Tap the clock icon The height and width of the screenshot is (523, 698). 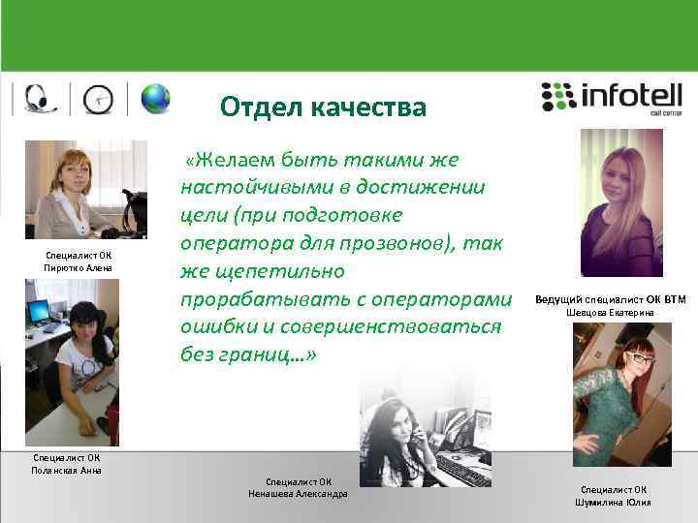[x=98, y=99]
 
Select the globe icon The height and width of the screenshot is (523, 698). [x=155, y=98]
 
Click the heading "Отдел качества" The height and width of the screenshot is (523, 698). [x=322, y=107]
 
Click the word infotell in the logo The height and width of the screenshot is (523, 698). [x=630, y=96]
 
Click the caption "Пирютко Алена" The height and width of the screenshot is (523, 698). [x=79, y=268]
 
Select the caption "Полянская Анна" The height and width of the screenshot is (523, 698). [x=66, y=470]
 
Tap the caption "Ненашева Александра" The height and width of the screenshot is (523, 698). [x=299, y=493]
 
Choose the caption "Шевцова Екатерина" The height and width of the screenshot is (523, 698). [x=610, y=313]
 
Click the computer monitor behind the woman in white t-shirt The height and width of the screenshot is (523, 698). [x=39, y=312]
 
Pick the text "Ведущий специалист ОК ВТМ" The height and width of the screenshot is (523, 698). [x=610, y=299]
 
